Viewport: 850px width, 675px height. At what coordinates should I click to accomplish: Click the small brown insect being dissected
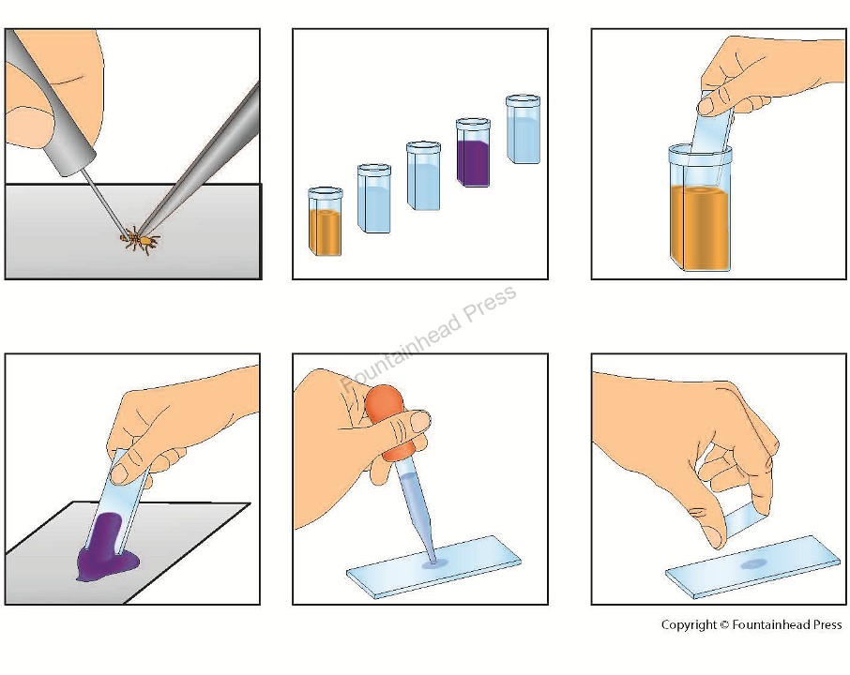coord(139,240)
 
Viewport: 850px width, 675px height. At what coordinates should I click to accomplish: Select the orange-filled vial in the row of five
coord(326,221)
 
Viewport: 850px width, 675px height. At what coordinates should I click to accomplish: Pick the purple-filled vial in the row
coord(473,152)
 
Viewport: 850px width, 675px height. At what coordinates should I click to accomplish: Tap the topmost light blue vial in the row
coord(524,129)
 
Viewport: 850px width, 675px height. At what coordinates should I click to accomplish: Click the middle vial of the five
coord(423,175)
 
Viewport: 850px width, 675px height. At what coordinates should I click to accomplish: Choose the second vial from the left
coord(374,198)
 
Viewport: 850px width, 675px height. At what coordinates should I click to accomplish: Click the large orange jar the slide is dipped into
coord(700,207)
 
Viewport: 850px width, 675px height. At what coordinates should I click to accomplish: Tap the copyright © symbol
coord(724,625)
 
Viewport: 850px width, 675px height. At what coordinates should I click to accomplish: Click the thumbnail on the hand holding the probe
coord(28,125)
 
